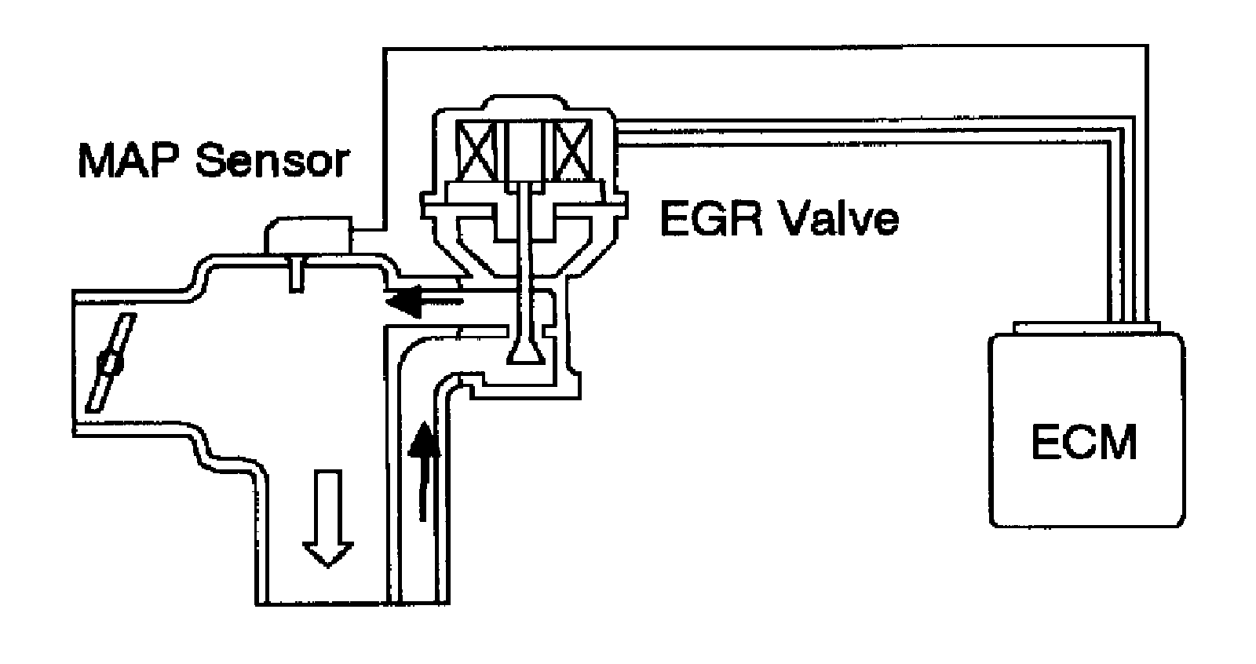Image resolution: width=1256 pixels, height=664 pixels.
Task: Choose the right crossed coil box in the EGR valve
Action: (571, 151)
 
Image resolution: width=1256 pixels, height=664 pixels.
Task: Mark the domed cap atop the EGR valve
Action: (524, 108)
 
